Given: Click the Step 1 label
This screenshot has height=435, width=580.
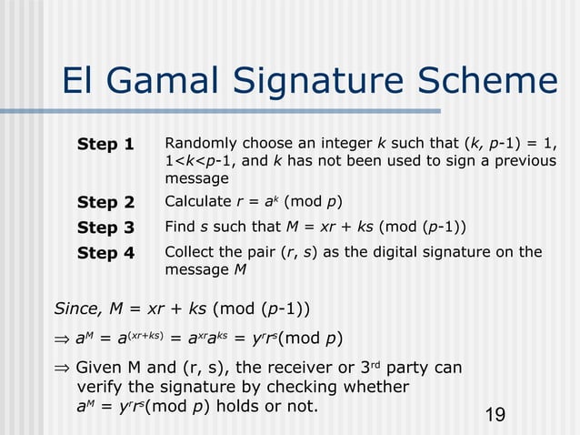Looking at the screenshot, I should pos(105,145).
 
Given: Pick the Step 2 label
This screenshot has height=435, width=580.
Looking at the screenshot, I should pos(105,202).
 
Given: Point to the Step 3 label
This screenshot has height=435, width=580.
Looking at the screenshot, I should pos(105,228).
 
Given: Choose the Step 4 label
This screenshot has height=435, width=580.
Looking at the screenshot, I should pos(105,253).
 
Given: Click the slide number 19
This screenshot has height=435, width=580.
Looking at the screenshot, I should pos(495,416).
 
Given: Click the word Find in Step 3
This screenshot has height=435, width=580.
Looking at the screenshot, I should pos(179,227).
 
